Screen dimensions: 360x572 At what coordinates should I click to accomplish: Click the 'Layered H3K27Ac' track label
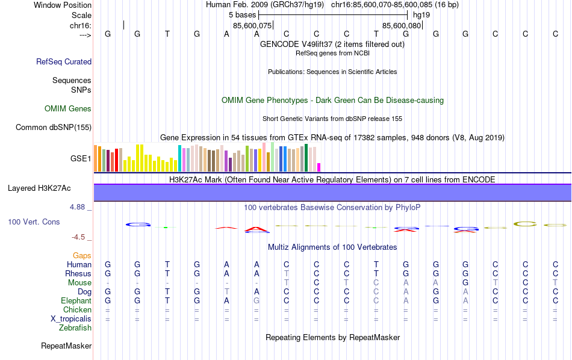coord(39,188)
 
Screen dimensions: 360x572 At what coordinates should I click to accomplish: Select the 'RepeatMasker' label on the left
coord(66,346)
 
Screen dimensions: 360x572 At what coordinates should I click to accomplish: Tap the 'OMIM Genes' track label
coord(67,109)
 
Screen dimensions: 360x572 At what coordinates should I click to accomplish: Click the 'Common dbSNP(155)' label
coord(54,127)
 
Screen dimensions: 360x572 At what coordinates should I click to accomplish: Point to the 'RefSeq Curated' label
coord(64,61)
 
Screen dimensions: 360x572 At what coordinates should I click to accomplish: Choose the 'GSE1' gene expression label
coord(81,159)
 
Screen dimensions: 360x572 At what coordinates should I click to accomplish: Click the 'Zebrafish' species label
coord(75,328)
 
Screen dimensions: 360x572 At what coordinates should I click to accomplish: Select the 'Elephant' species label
coord(76,301)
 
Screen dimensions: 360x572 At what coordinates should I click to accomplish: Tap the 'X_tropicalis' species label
coord(71,319)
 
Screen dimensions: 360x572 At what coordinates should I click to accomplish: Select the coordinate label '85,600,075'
coord(252,25)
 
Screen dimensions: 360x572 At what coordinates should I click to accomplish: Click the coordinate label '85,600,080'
coord(402,25)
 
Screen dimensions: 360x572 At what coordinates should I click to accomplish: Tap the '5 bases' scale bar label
coord(243,14)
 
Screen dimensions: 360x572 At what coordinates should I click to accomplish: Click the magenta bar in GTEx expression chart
coord(319,167)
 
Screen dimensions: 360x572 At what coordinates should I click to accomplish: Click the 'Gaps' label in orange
coord(82,256)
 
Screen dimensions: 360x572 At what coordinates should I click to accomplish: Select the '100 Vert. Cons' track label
coord(34,222)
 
